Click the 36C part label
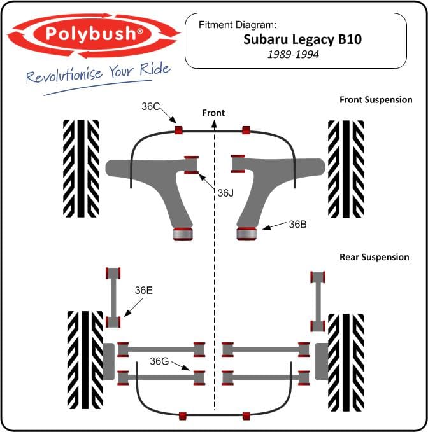(x=151, y=106)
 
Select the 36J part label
(x=225, y=193)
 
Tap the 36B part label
(x=297, y=224)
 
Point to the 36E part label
(x=143, y=290)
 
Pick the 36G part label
(x=159, y=361)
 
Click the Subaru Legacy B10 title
(x=303, y=39)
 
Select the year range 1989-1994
(x=293, y=54)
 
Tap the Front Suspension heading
(x=376, y=99)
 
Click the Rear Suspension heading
(x=374, y=257)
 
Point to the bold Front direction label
(x=213, y=113)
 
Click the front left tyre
(x=81, y=169)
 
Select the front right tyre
(x=346, y=169)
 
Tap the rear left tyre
(x=85, y=360)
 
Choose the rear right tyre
(x=346, y=362)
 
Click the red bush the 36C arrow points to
(x=179, y=130)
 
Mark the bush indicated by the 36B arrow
(x=246, y=233)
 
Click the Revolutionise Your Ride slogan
(x=98, y=73)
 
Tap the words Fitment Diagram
(x=237, y=25)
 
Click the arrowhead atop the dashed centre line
(x=214, y=124)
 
